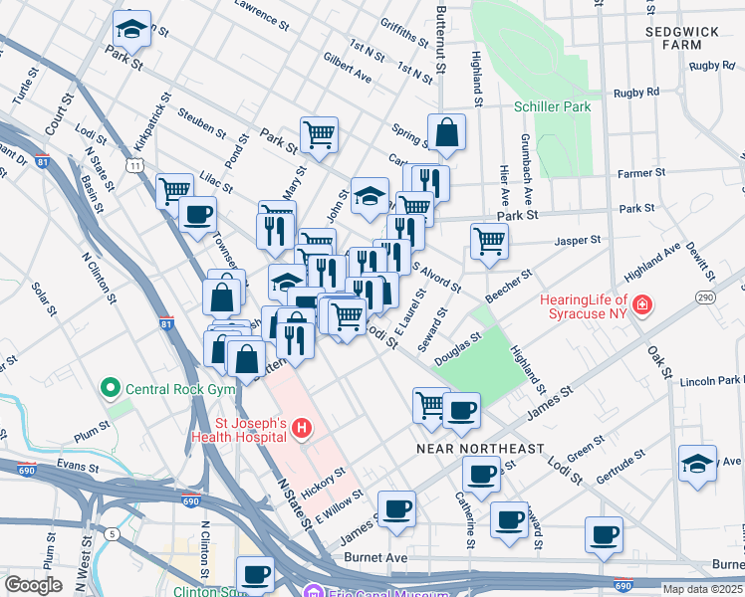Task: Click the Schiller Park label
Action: pyautogui.click(x=552, y=106)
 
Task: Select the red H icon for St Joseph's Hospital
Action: pyautogui.click(x=302, y=429)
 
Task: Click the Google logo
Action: pyautogui.click(x=33, y=585)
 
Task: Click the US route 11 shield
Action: pyautogui.click(x=133, y=164)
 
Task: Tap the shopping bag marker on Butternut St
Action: pyautogui.click(x=448, y=132)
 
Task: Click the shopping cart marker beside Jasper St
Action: pyautogui.click(x=489, y=241)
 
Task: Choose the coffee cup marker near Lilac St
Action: pyautogui.click(x=197, y=214)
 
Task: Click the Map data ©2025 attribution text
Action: pyautogui.click(x=702, y=588)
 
